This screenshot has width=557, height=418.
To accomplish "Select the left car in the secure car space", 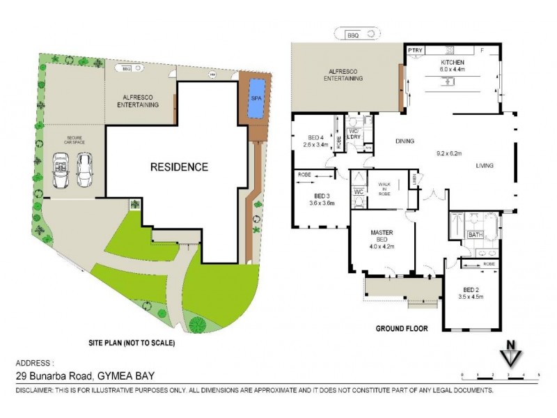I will [x=61, y=170].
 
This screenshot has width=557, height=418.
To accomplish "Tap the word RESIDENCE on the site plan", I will [x=180, y=167].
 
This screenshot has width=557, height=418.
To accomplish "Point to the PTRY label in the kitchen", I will [x=416, y=50].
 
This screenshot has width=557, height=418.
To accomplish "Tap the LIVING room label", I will [x=485, y=166].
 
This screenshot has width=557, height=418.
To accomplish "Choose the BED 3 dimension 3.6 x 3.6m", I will [x=322, y=203].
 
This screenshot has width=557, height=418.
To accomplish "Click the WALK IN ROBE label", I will [x=385, y=188].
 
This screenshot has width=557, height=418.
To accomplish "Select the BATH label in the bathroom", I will [x=476, y=235].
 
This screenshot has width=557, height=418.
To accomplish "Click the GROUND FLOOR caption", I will [x=402, y=328].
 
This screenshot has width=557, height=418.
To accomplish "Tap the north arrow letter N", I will [x=511, y=345].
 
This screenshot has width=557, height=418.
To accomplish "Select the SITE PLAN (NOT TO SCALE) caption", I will [x=132, y=343].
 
